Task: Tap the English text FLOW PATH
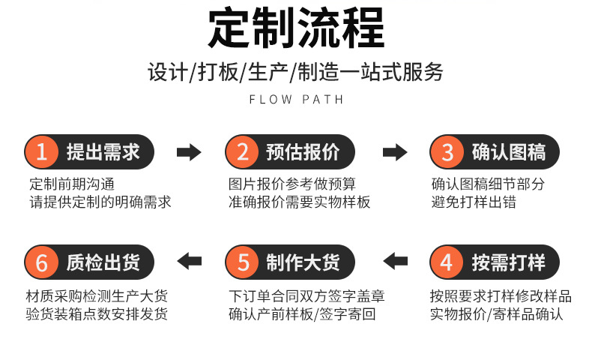pos(295,99)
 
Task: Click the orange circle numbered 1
pos(42,152)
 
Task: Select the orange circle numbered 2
pos(243,152)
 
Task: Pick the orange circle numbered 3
pos(447,152)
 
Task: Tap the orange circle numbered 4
pos(447,262)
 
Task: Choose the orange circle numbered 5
pos(243,262)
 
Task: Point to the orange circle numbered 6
pos(42,262)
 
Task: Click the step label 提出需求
pos(103,152)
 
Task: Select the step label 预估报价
pos(303,152)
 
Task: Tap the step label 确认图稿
pos(508,152)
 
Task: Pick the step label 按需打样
pos(508,262)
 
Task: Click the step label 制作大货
pos(303,262)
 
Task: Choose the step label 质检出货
pos(103,262)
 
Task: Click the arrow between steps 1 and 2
pos(189,152)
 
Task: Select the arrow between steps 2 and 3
pos(395,152)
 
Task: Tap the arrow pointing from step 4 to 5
pos(395,262)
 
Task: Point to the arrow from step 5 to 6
pos(189,262)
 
